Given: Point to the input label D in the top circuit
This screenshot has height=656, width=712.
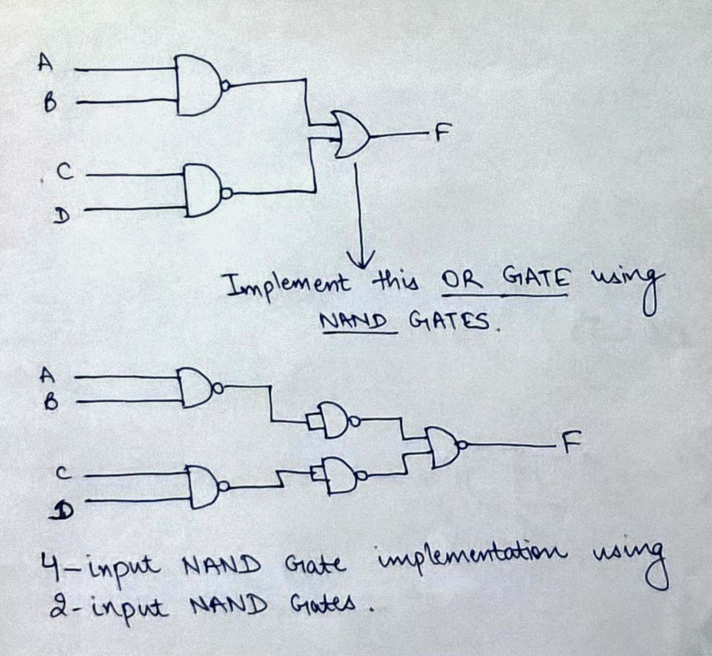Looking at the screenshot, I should pos(59,215).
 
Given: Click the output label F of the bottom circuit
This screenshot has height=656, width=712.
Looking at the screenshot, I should pos(570,442).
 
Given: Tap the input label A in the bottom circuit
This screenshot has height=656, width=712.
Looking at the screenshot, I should pos(48,373).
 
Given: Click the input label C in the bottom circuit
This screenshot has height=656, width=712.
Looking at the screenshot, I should pos(65,471).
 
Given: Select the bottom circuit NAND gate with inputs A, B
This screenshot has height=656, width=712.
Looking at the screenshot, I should pos(195,388).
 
